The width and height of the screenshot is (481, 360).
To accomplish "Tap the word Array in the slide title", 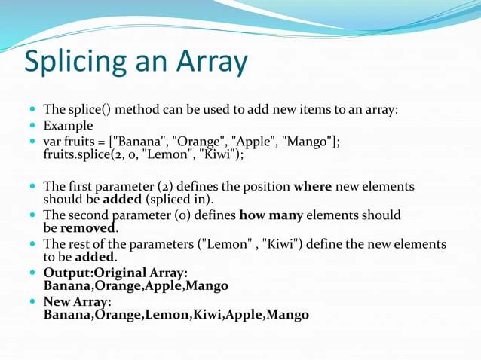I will [x=213, y=63].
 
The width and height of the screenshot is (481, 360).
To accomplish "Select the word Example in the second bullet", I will [x=68, y=126].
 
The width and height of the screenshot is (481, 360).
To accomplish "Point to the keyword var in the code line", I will [x=53, y=142].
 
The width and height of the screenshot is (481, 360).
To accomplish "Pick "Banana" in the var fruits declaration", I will [x=142, y=142].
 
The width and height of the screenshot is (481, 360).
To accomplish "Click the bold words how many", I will [x=271, y=215].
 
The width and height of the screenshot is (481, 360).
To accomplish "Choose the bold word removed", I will [x=88, y=228].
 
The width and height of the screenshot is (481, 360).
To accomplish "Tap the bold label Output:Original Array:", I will [x=116, y=273].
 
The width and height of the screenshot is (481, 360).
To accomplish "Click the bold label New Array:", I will [x=78, y=301].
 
